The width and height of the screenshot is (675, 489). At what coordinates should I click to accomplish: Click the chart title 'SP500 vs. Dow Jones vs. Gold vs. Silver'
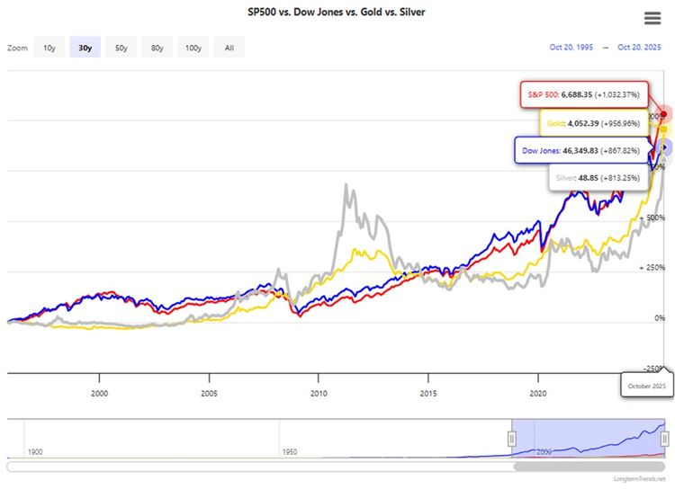(x=337, y=13)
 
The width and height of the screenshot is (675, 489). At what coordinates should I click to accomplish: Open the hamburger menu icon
(x=653, y=19)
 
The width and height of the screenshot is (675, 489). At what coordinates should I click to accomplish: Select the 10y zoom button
(x=49, y=48)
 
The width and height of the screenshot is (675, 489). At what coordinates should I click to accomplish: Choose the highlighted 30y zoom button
(x=85, y=48)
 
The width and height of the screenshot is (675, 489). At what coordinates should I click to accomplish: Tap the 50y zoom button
(x=121, y=48)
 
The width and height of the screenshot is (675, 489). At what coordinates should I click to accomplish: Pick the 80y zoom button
(x=157, y=48)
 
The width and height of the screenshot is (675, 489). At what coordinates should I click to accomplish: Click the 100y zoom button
(x=193, y=48)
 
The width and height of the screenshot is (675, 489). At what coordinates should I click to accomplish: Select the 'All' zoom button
(x=229, y=48)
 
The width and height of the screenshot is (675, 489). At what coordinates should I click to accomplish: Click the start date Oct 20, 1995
(x=572, y=48)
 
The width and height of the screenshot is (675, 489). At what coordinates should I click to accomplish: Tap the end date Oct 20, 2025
(x=641, y=48)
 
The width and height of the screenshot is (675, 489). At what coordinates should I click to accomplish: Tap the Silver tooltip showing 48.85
(x=597, y=178)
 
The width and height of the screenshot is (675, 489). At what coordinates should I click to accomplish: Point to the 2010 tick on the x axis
(x=318, y=393)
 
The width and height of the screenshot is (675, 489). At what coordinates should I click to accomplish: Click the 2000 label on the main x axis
(x=99, y=393)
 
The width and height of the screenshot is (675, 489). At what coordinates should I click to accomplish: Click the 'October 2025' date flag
(x=646, y=386)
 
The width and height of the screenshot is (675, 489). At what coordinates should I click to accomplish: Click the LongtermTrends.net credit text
(x=638, y=481)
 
